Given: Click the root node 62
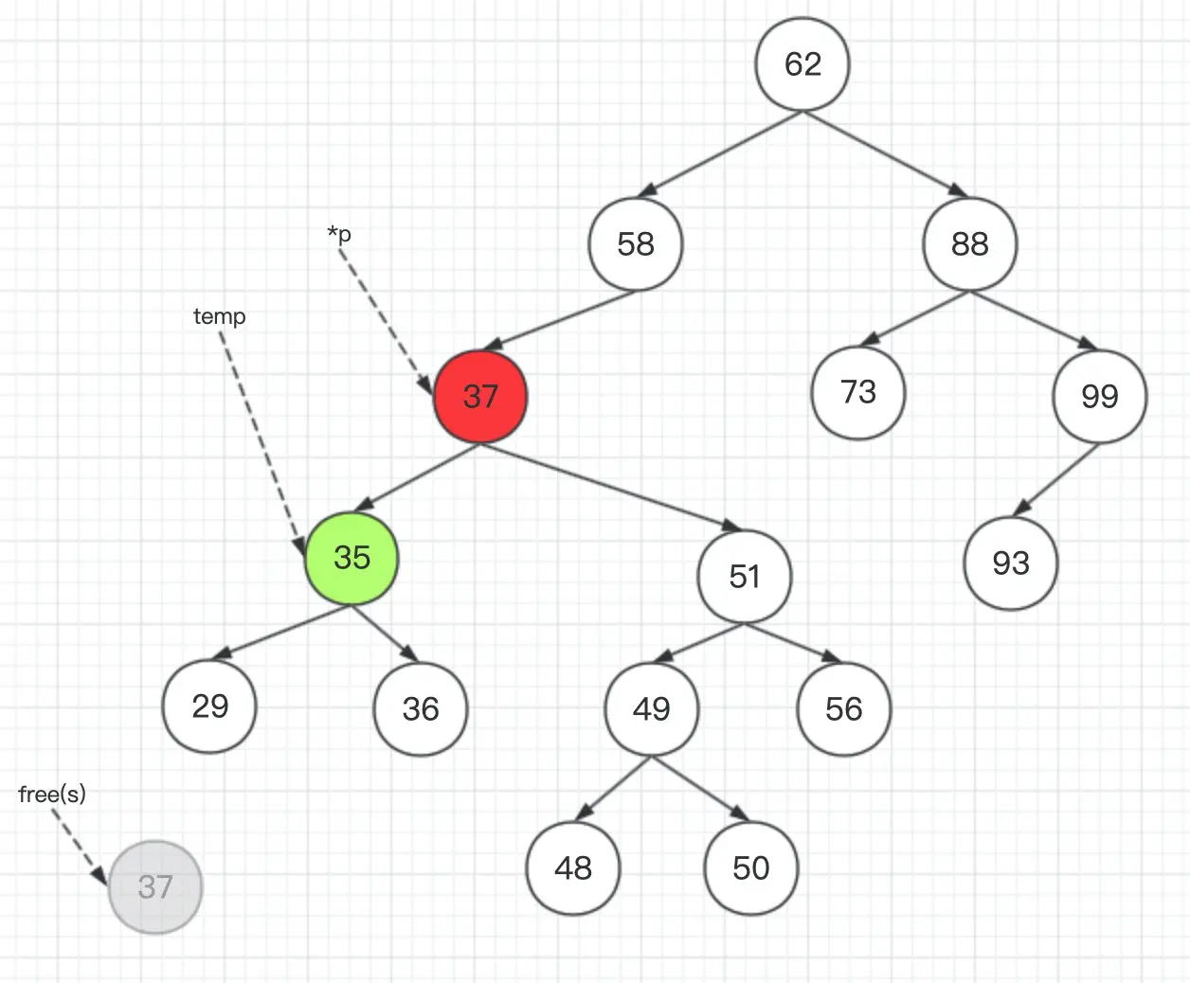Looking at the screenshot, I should point(802,63).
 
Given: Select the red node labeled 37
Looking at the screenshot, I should point(480,396).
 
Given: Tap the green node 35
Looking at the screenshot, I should point(352,557).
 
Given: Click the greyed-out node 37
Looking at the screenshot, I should point(155,886).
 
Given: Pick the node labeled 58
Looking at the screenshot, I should point(635,243).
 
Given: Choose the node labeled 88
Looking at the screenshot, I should point(969,243).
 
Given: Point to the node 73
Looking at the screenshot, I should point(858,392).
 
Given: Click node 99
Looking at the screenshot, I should point(1099,396).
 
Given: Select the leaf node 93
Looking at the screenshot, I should point(1010,563).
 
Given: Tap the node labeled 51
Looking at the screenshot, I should point(745,576).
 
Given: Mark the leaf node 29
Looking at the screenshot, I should point(209,706).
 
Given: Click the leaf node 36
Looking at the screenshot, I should point(421,708).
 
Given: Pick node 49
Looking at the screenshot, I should point(651,708).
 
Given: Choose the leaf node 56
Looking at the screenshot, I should point(843,708).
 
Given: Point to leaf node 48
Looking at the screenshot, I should point(573,867).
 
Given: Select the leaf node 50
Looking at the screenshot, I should point(751,867).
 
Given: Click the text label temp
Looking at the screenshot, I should point(219,316).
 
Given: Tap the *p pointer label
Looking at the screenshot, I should point(339,233).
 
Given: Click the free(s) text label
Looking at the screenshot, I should point(52,794).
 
